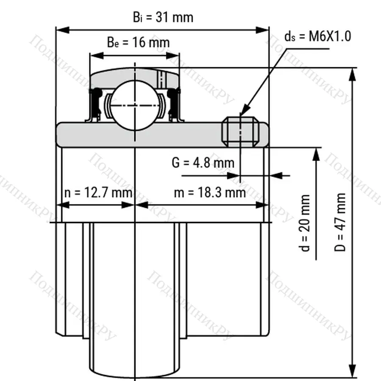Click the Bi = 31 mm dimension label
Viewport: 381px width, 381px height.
(x=163, y=17)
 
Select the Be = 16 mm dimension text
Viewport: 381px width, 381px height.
(x=138, y=42)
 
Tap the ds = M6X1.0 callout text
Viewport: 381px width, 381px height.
(x=318, y=36)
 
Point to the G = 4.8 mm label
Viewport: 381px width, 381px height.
(x=203, y=163)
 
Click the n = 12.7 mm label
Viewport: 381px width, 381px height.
(x=98, y=193)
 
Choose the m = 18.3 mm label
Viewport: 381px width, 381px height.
(x=210, y=193)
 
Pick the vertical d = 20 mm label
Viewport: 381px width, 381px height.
(x=304, y=223)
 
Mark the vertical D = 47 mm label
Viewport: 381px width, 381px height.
(x=340, y=222)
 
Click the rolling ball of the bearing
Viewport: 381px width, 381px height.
(x=135, y=106)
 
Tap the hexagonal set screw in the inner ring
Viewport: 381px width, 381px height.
(x=240, y=132)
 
